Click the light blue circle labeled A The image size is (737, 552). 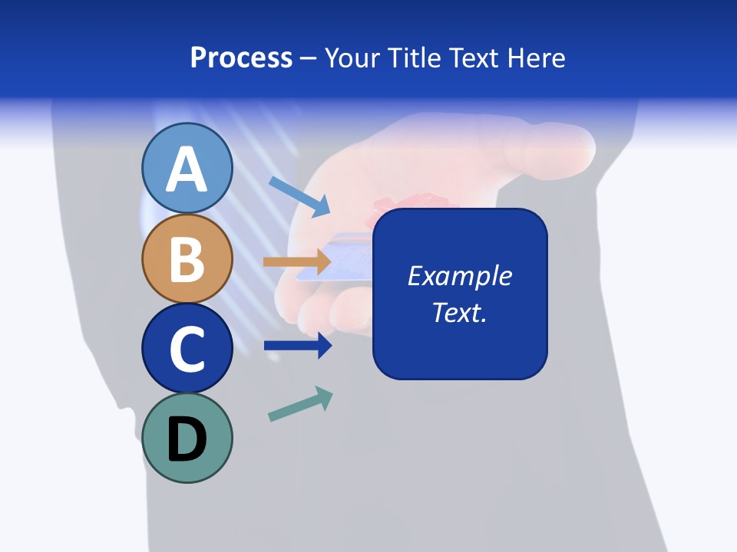(x=187, y=168)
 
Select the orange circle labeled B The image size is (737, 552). (x=187, y=258)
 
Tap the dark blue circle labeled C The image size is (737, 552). (x=187, y=348)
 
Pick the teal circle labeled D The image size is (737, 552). (x=187, y=438)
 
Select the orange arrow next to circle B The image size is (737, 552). (x=297, y=262)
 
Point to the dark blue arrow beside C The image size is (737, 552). (x=297, y=346)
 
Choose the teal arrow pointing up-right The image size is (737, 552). (x=300, y=404)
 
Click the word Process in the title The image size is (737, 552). (x=241, y=58)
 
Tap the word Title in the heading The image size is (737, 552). (x=414, y=58)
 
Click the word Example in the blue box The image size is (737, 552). (x=459, y=276)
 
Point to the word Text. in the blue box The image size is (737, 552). (x=459, y=312)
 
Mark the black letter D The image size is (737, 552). (x=187, y=440)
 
